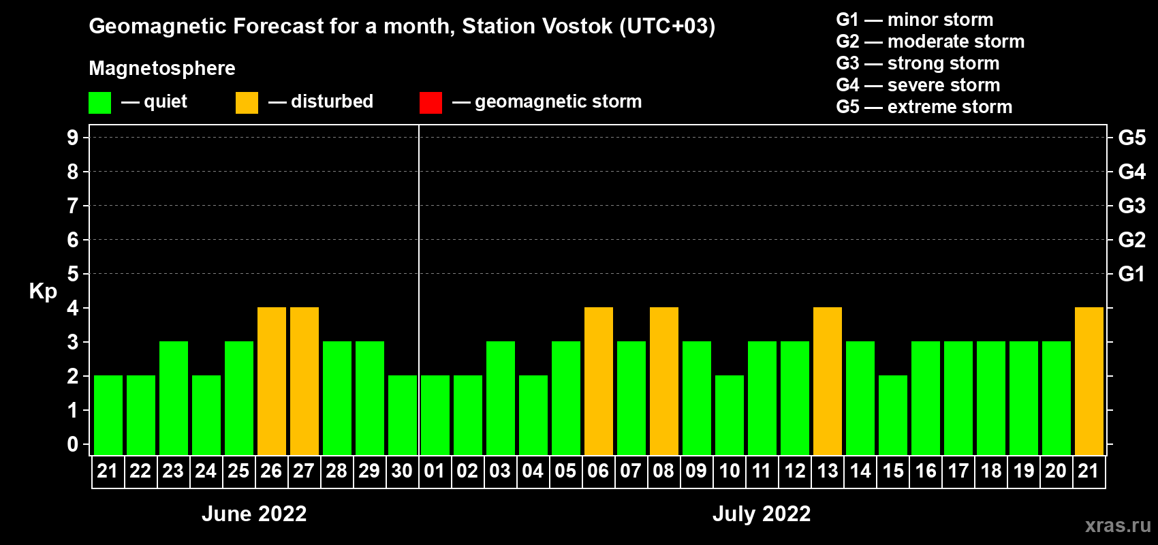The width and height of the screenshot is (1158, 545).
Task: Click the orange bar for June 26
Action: point(271,381)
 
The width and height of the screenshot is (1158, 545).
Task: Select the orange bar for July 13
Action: point(827,381)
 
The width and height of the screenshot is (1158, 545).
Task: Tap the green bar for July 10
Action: point(730,415)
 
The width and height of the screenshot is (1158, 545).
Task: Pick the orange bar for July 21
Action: point(1089,381)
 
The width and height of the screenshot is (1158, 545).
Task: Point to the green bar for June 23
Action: point(174,398)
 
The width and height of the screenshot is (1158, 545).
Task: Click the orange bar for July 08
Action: point(663,381)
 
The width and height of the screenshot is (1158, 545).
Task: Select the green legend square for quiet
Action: point(99,102)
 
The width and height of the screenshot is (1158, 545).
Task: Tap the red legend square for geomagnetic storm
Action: point(431,102)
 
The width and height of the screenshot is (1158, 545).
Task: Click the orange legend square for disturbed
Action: point(247,102)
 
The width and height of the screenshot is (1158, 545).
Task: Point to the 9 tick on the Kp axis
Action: point(72,138)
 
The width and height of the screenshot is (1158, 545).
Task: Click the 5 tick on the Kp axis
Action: point(72,274)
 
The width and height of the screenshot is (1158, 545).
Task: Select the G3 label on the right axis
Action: point(1131,206)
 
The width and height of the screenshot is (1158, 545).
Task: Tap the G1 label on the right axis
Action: point(1131,274)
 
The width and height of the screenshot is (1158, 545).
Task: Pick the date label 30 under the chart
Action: point(402,471)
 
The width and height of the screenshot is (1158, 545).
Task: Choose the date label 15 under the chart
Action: point(893,471)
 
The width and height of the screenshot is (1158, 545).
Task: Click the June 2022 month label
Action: point(254,514)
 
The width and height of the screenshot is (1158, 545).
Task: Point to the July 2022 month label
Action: point(762,514)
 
